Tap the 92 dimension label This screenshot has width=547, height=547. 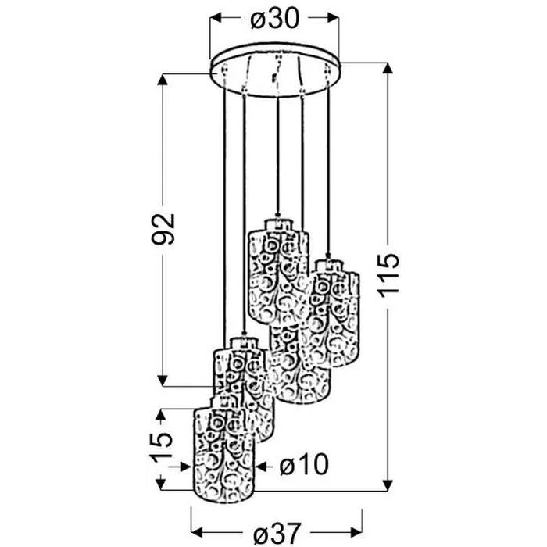click(163, 229)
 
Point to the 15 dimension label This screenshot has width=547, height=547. click(161, 447)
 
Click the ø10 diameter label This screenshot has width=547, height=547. click(304, 464)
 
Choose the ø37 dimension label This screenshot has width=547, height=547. click(277, 533)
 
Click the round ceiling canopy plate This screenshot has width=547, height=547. click(276, 70)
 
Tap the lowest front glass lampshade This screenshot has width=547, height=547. click(224, 453)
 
